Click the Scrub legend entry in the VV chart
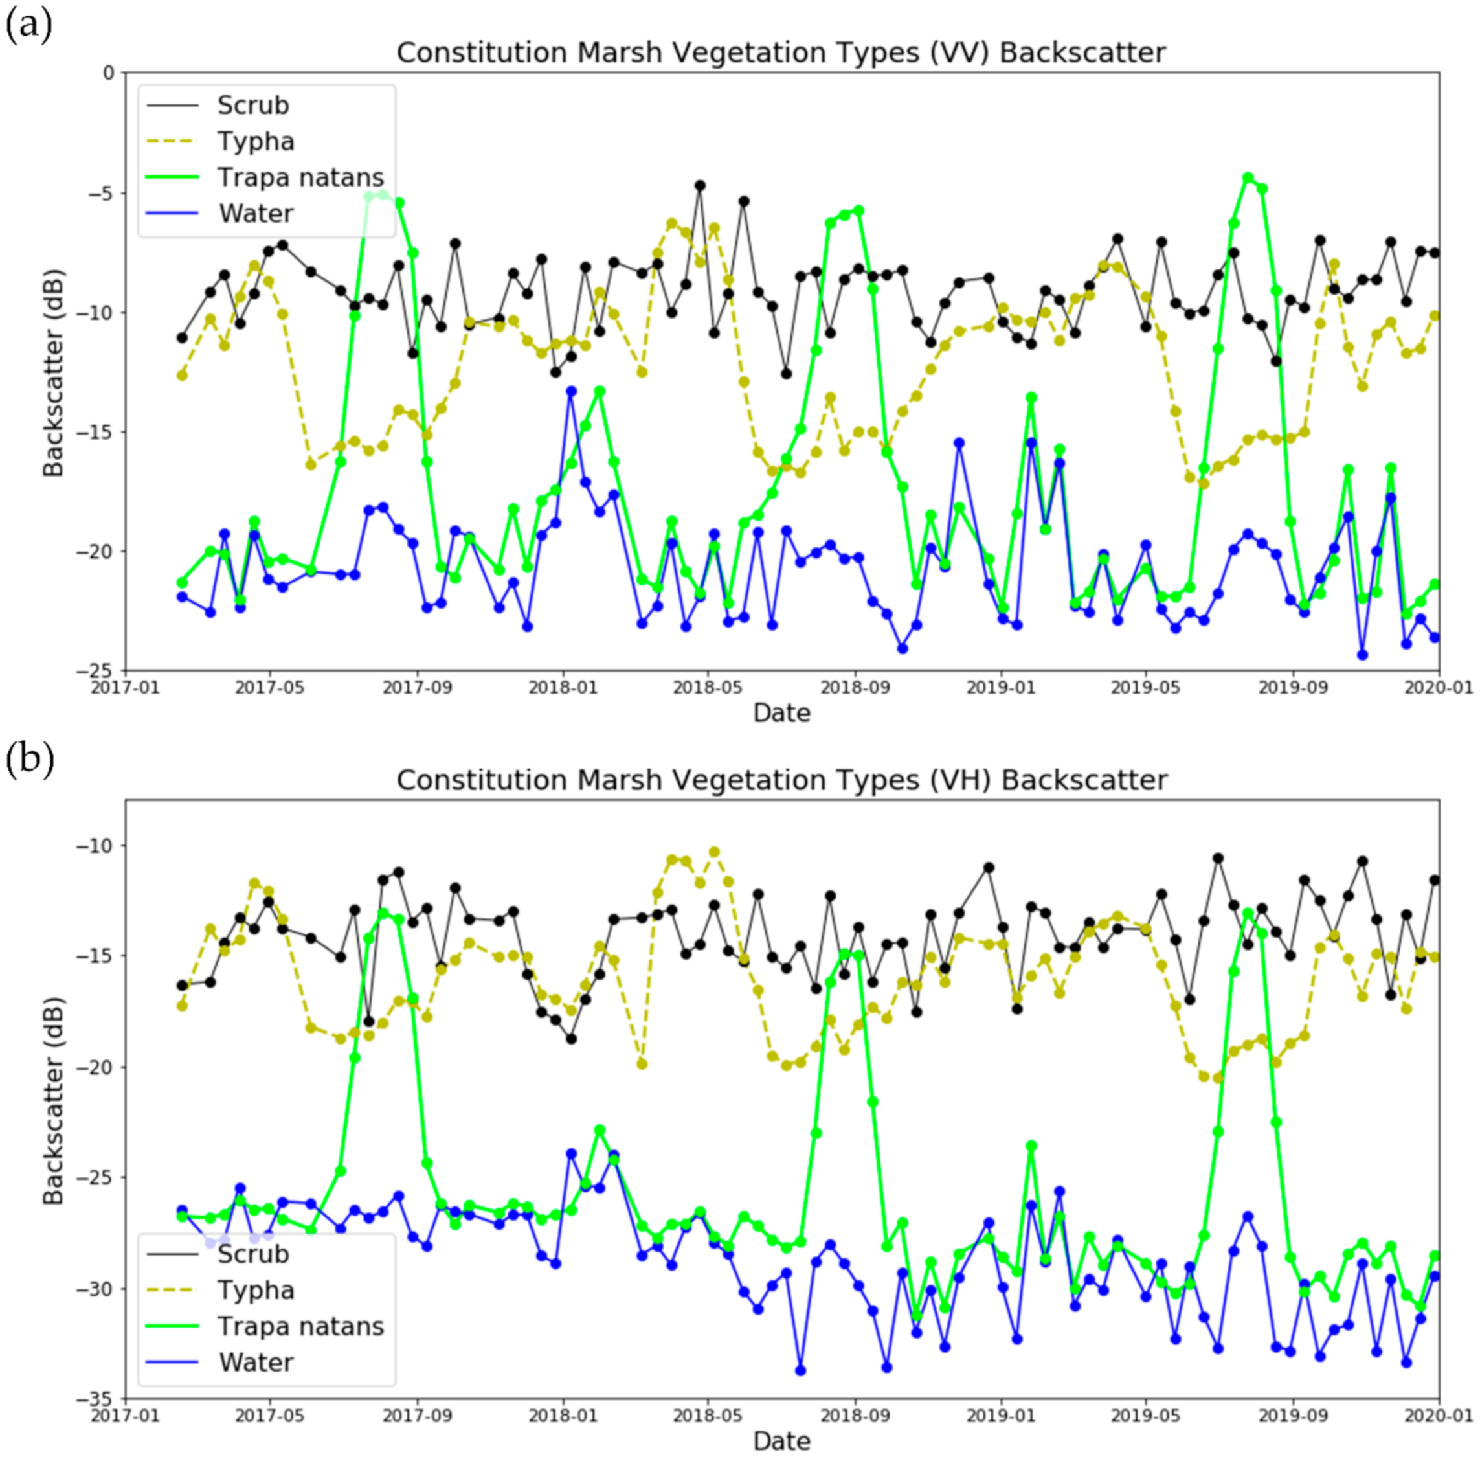(x=252, y=105)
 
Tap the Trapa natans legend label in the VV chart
(x=300, y=177)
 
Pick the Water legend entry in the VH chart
(x=256, y=1362)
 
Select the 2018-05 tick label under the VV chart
(x=708, y=687)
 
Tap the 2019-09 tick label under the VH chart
(x=1293, y=1414)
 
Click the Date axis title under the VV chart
(x=781, y=712)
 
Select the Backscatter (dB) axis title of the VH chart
(x=54, y=1100)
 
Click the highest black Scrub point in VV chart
(x=699, y=185)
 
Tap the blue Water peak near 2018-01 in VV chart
(x=571, y=390)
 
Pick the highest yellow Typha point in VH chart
(x=714, y=852)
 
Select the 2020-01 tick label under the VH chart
(x=1438, y=1414)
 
